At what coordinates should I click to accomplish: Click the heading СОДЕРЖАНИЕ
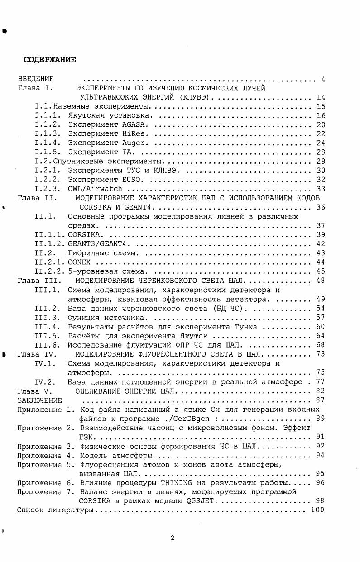[50, 60]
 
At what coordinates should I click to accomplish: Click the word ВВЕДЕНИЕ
[35, 79]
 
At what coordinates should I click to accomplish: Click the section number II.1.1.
[50, 234]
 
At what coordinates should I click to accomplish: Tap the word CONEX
[79, 262]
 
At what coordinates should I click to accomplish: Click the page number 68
[320, 345]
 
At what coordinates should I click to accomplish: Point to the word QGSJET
[201, 501]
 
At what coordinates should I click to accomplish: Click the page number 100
[318, 510]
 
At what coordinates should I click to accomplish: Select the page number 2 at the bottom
[173, 538]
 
